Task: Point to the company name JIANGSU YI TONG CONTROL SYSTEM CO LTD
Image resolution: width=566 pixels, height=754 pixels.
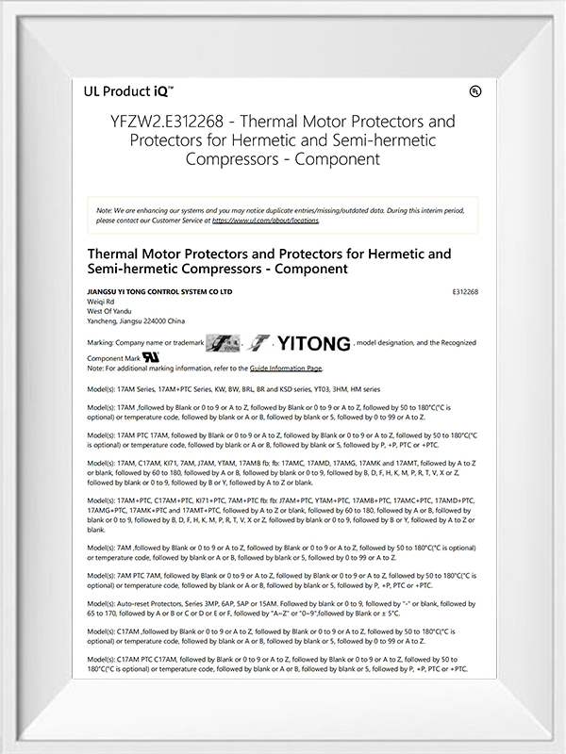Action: click(x=158, y=292)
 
